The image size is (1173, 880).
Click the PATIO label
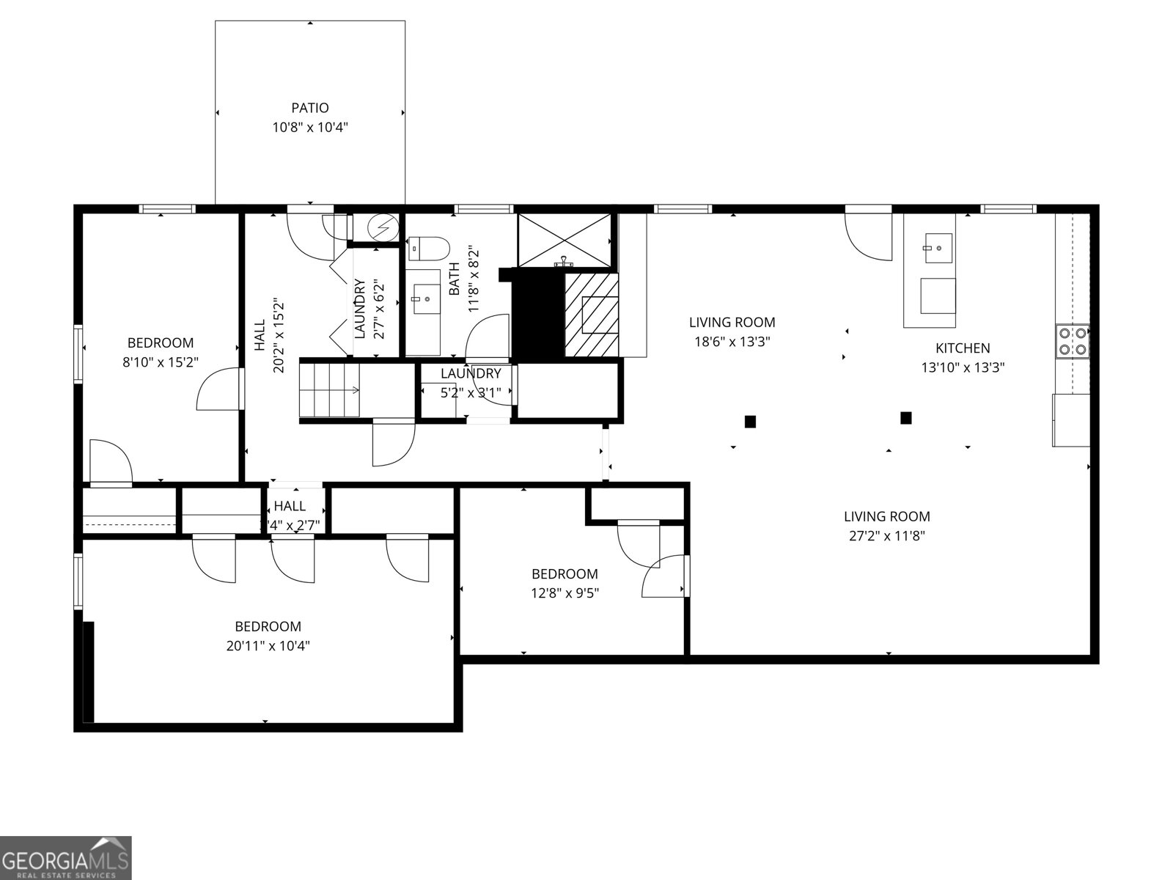pos(309,109)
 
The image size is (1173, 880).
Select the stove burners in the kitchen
pos(1072,342)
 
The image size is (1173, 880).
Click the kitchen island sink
pos(938,247)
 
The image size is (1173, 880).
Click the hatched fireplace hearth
pos(591,314)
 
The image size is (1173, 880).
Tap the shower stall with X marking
pos(564,240)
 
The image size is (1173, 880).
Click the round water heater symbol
pos(382,228)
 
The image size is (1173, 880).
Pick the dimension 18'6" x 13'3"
pos(732,341)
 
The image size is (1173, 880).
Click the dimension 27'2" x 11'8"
pos(886,535)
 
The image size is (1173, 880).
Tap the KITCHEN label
pos(962,348)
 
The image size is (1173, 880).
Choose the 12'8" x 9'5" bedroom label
pos(565,574)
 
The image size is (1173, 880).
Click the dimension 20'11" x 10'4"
pos(268,646)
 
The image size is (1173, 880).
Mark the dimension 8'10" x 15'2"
pos(161,362)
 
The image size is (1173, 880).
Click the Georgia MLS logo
pos(66,857)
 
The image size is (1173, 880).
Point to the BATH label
pos(454,279)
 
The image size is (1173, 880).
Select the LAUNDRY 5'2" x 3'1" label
pos(470,374)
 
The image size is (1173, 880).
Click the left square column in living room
pos(750,421)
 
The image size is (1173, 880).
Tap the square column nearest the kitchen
pos(905,418)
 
